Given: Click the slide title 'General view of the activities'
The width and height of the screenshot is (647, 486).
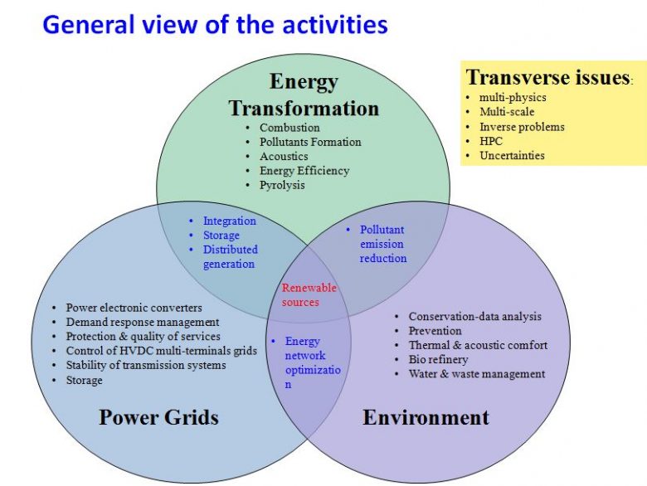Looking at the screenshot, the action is (215, 25).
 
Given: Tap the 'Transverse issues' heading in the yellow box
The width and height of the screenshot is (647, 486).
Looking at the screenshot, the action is (547, 77).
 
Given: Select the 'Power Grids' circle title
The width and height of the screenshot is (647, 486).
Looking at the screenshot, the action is (159, 416).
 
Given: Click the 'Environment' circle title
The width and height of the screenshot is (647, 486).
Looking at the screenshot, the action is (426, 417).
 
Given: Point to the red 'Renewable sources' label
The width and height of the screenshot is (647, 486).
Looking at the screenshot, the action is (309, 295).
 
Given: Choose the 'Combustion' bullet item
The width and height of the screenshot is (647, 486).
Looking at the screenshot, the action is (289, 128).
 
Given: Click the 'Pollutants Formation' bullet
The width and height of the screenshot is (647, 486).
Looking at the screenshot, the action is (310, 142).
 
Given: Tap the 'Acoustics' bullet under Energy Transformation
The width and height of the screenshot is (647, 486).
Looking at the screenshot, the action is (284, 157).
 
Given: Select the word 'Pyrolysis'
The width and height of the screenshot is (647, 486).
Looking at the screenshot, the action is (282, 185).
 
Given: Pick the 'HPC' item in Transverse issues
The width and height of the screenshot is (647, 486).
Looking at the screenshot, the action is (491, 141).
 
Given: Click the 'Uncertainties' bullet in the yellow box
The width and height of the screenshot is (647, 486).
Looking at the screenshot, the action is (512, 156).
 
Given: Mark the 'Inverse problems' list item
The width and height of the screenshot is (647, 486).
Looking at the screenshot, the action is (522, 127).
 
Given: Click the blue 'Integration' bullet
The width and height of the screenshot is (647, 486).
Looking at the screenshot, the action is (230, 221).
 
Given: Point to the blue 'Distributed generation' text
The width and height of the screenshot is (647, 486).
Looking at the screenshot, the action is (231, 256).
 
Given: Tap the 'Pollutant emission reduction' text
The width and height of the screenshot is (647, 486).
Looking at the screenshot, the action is (383, 244).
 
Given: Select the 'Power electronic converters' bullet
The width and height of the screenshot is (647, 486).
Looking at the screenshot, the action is (134, 308).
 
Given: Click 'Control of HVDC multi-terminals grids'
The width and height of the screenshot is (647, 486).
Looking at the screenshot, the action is (162, 351).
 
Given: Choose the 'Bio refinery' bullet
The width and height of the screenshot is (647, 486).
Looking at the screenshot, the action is (438, 360).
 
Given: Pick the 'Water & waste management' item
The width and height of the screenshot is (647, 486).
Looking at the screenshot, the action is (477, 374).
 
